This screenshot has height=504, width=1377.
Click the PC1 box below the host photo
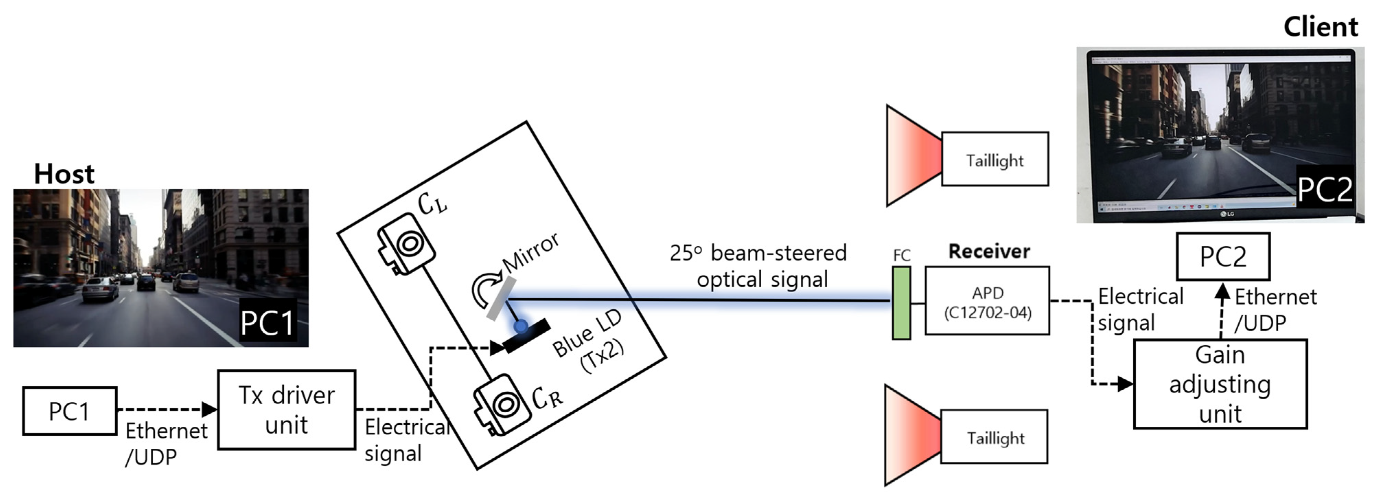click(x=69, y=411)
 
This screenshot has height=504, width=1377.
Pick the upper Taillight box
click(x=994, y=159)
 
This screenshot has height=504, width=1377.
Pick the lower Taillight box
click(x=994, y=437)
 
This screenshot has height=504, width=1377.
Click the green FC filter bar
click(x=901, y=303)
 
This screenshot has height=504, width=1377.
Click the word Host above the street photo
click(x=64, y=174)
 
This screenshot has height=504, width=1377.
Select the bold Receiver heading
click(x=988, y=251)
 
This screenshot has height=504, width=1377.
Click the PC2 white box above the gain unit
click(x=1223, y=256)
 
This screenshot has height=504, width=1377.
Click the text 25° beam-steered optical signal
click(x=759, y=266)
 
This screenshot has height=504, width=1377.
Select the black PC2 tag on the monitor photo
click(x=1324, y=189)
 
